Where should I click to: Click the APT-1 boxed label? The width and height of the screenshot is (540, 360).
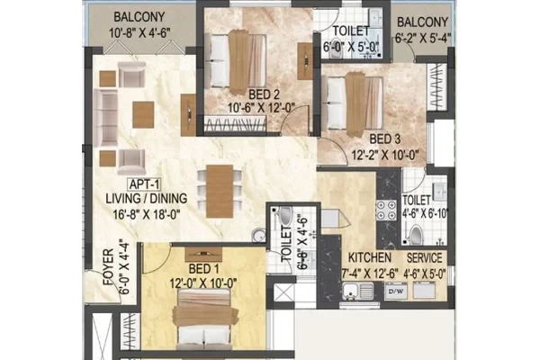[x=145, y=184]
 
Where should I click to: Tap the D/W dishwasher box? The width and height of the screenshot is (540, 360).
[x=396, y=291]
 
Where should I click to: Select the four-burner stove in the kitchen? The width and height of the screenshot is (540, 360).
[x=386, y=210]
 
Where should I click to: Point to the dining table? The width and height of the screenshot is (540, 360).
[x=220, y=191]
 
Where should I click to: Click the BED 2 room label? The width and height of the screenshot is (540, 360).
[x=264, y=94]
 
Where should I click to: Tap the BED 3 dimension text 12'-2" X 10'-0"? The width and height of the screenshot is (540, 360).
[x=384, y=155]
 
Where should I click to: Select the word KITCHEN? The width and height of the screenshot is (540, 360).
[x=370, y=257]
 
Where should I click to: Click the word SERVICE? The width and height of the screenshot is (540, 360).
[x=424, y=257]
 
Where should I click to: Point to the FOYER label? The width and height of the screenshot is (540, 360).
[x=109, y=267]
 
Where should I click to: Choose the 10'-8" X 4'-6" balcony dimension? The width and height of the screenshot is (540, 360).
[x=139, y=33]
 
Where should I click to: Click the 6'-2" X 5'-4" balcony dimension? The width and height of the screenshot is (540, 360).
[x=423, y=38]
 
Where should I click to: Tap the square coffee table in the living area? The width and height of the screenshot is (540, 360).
[x=143, y=114]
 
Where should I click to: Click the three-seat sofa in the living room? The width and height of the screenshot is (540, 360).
[x=106, y=118]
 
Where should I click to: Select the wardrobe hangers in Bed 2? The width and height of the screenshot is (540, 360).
[x=236, y=123]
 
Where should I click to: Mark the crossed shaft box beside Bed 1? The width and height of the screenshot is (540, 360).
[x=283, y=294]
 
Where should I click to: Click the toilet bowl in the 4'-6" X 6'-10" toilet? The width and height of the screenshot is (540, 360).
[x=416, y=234]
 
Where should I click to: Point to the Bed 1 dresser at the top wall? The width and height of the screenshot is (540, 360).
[x=203, y=254]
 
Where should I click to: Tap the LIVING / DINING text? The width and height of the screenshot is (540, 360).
[x=147, y=199]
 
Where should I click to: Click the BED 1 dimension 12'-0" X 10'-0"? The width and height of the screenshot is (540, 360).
[x=203, y=283]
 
